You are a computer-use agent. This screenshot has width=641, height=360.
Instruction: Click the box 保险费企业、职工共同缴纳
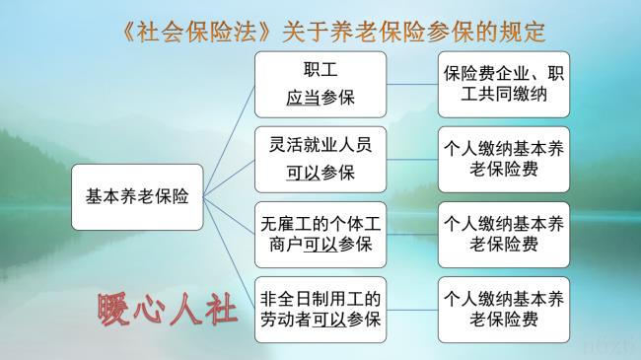click(502, 84)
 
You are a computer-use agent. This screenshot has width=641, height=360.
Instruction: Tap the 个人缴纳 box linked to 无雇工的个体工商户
click(502, 233)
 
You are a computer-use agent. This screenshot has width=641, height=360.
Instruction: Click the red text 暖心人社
click(168, 309)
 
